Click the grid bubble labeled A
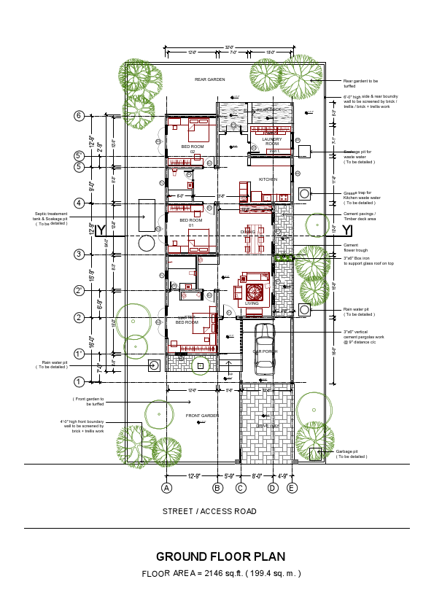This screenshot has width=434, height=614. pos(167,488)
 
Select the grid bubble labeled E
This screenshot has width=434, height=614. pos(292,488)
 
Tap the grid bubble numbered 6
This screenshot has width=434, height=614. pos(79,115)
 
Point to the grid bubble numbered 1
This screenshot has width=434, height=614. pos(79,381)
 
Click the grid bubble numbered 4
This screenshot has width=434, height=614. pos(79,203)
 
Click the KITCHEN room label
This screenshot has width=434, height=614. pos(268,179)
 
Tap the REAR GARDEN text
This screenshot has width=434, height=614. pos(209,79)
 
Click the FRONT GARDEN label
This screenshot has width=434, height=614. pos(202,416)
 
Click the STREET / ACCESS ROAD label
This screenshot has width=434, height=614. pos(209,511)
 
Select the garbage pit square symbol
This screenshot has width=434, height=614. pos(314,454)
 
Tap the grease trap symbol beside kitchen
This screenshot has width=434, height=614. pos(304,194)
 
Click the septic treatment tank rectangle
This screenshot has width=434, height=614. pos(147,215)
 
